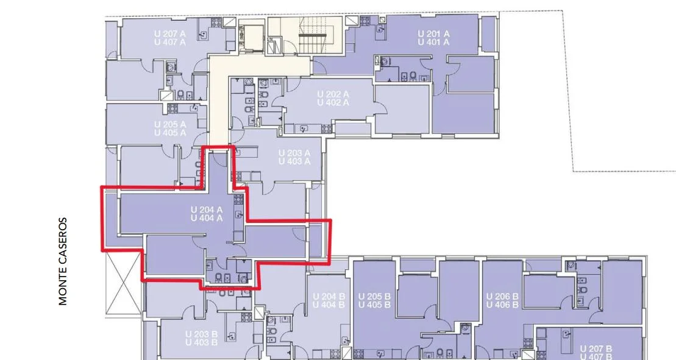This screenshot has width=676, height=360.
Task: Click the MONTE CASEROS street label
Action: [x=63, y=261]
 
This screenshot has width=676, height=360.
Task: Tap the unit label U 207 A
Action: [x=170, y=34]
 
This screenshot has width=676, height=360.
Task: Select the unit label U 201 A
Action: [x=434, y=34]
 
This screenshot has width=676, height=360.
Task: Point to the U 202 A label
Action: [x=333, y=94]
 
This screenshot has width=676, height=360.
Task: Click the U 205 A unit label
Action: [x=170, y=124]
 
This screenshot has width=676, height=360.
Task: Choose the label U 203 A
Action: [x=294, y=153]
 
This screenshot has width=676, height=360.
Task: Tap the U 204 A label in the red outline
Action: [x=207, y=210]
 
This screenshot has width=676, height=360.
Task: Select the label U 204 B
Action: [x=329, y=296]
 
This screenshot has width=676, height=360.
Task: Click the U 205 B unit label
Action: [x=375, y=296]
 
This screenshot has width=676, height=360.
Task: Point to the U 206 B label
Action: [x=502, y=296]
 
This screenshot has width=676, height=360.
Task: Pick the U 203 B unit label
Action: [x=201, y=334]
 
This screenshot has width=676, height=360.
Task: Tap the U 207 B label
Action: [x=596, y=348]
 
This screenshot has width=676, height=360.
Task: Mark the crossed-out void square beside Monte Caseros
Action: [x=123, y=283]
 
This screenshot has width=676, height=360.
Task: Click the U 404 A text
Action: [x=207, y=218]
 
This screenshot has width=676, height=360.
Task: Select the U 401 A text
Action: [x=434, y=42]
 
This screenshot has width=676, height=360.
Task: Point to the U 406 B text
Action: [x=502, y=305]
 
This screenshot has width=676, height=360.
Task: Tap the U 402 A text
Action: [x=333, y=102]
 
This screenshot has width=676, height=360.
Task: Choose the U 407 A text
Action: [x=170, y=42]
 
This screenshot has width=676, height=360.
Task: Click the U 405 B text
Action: [x=375, y=305]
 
